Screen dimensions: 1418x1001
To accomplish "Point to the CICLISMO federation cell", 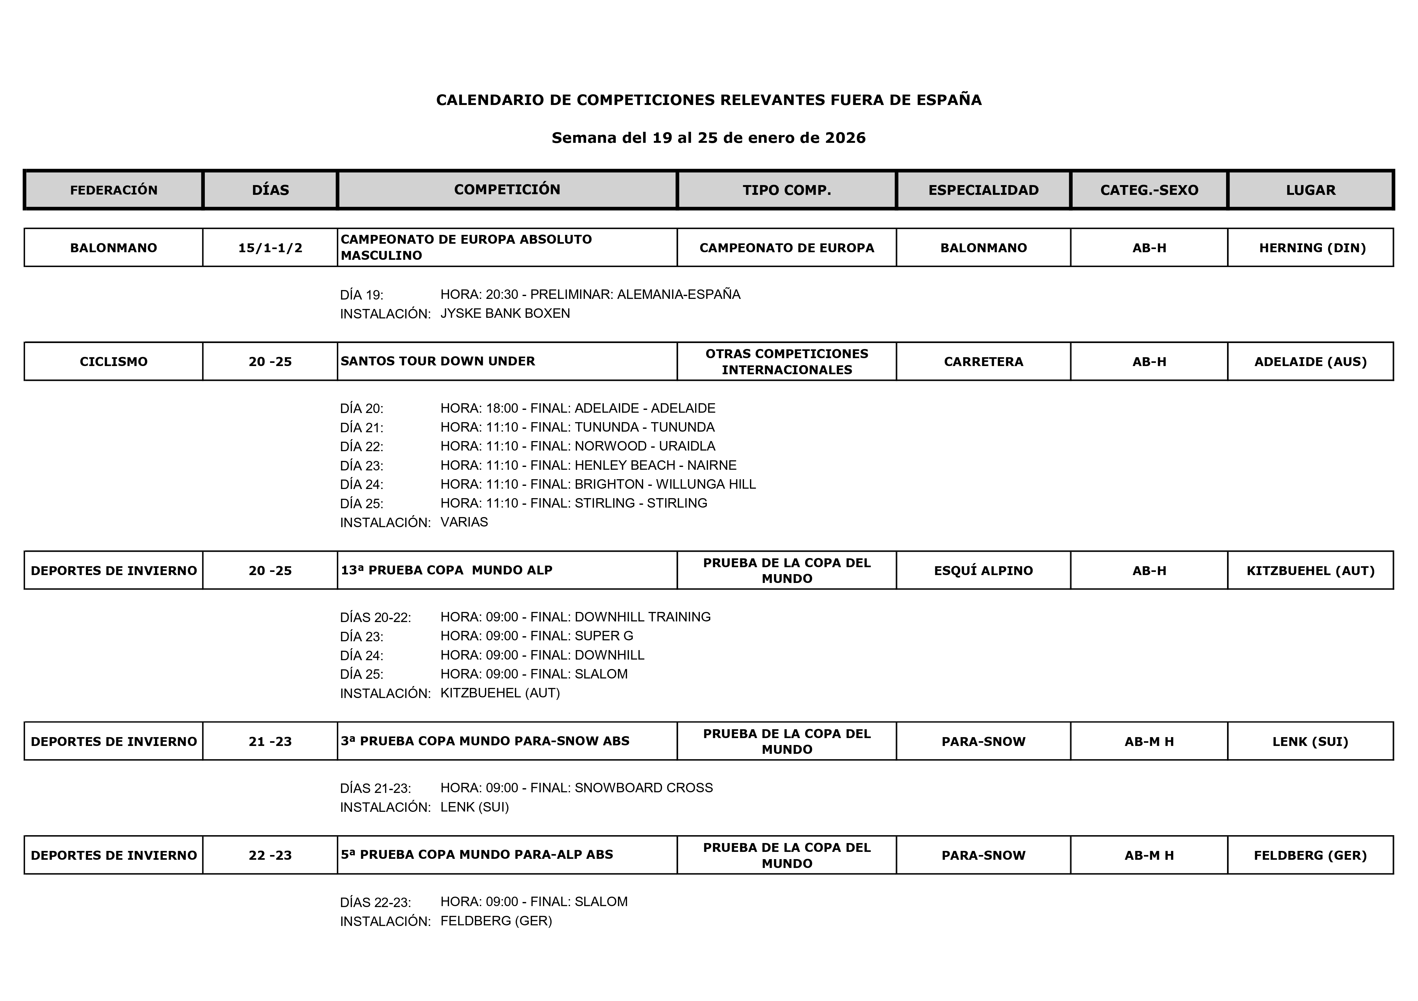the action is [114, 362].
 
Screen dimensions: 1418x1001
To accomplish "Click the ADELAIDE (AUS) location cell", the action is [1311, 362].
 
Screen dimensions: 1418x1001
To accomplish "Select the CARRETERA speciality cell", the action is [983, 362].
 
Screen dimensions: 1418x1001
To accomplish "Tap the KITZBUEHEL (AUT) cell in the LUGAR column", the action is [1311, 570].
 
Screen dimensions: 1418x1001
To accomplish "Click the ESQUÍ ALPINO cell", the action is [983, 570].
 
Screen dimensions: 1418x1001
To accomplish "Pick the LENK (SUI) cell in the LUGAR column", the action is [1311, 742].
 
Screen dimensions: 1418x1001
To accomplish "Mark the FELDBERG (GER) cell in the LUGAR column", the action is [1311, 855].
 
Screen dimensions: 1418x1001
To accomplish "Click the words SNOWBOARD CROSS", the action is [643, 788].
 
